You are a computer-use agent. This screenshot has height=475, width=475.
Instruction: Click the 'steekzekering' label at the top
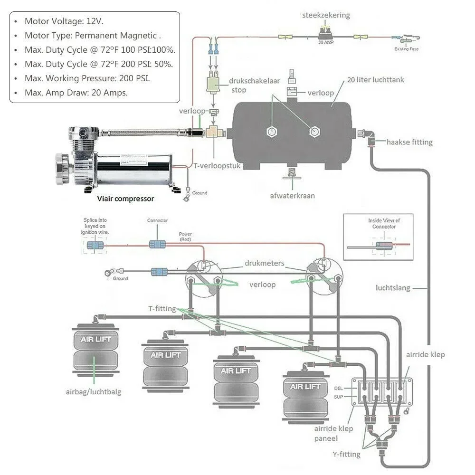coord(326,15)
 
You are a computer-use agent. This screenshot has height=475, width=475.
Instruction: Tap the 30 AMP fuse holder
coord(326,33)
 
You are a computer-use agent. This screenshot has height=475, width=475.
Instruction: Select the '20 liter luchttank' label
coord(375,80)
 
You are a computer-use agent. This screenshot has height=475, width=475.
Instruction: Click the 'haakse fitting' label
coord(409,142)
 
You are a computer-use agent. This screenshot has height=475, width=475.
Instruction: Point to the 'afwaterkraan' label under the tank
coord(292,196)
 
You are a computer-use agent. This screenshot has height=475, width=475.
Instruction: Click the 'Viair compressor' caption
coord(125,199)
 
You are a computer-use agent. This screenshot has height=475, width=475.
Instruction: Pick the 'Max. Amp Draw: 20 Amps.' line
coord(76,93)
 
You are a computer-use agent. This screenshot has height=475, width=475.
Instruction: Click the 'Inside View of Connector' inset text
coord(384,223)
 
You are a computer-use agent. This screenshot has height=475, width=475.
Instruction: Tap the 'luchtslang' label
coord(392,288)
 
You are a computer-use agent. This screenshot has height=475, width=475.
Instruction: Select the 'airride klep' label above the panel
coord(426,354)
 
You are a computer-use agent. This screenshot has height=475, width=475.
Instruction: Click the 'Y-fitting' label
coord(346,455)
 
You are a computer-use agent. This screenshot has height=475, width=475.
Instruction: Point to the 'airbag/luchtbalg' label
coord(94,392)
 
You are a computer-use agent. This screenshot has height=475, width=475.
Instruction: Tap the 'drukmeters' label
coord(265,263)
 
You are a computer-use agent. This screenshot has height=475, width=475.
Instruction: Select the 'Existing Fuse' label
coord(407,48)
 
